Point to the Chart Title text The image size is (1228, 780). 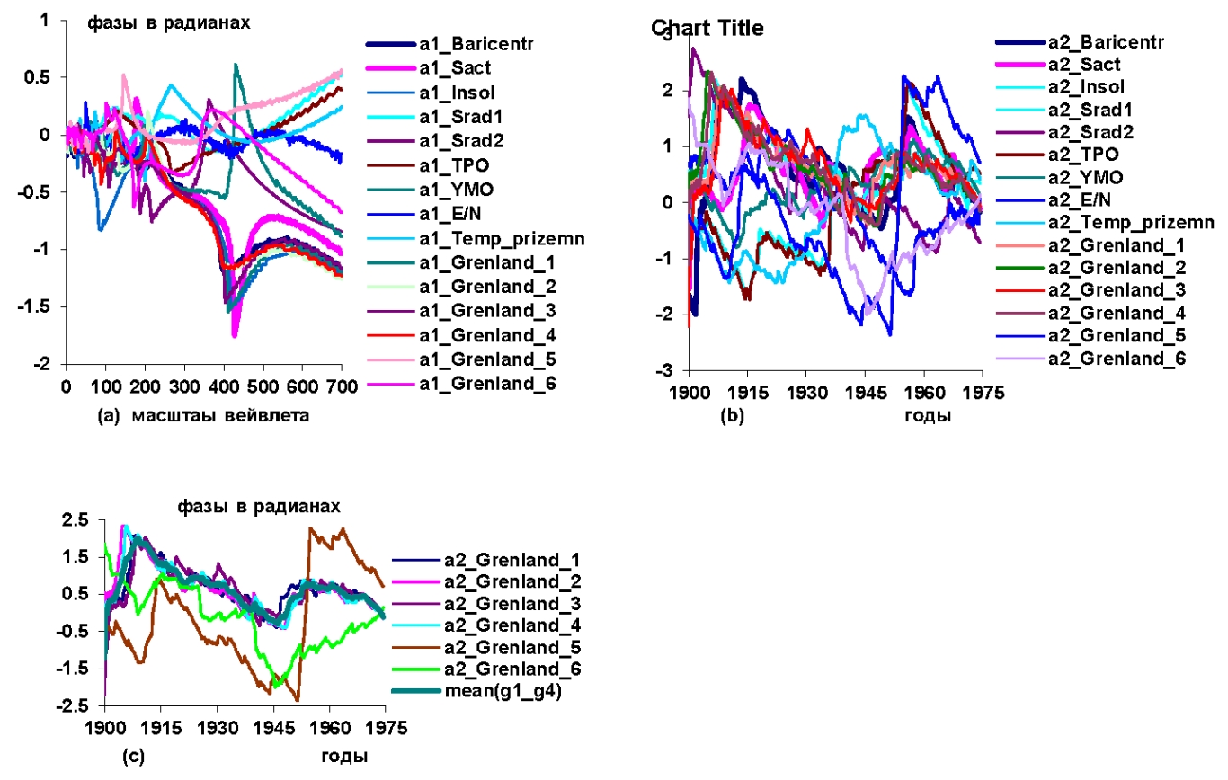pyautogui.click(x=707, y=29)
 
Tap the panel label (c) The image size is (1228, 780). pyautogui.click(x=131, y=756)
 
